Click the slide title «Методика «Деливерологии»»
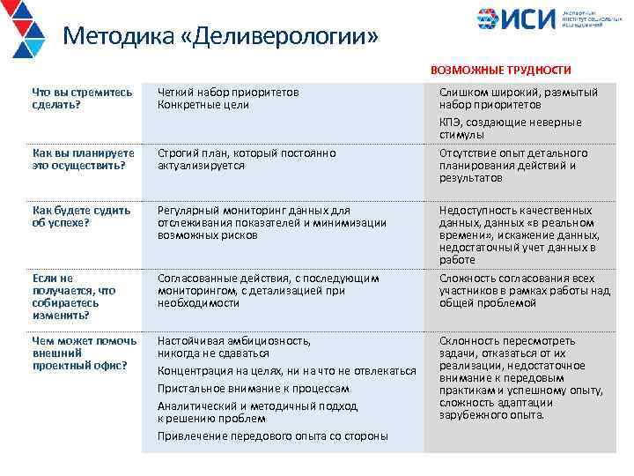[221, 37]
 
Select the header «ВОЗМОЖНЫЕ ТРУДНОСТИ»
[500, 70]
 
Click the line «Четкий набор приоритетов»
[228, 92]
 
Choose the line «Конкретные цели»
[203, 105]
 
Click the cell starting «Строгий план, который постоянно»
[247, 160]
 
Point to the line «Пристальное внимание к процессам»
[254, 388]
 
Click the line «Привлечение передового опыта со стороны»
[272, 435]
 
